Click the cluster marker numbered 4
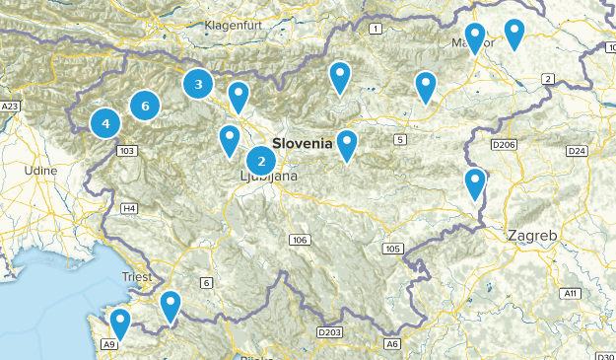click(x=105, y=124)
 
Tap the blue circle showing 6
click(x=145, y=106)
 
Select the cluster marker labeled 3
click(x=198, y=85)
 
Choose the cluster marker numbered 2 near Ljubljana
click(x=261, y=160)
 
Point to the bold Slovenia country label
click(x=303, y=143)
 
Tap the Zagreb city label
click(x=533, y=237)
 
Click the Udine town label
click(x=41, y=171)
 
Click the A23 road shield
click(x=10, y=106)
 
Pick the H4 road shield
click(x=129, y=208)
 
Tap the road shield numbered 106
click(x=300, y=241)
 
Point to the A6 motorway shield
click(x=392, y=344)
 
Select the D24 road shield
click(x=577, y=151)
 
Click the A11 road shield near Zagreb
click(x=570, y=293)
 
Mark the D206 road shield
click(x=504, y=146)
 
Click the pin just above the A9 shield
click(x=120, y=322)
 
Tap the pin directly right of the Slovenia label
click(x=347, y=144)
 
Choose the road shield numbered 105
click(x=393, y=249)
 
